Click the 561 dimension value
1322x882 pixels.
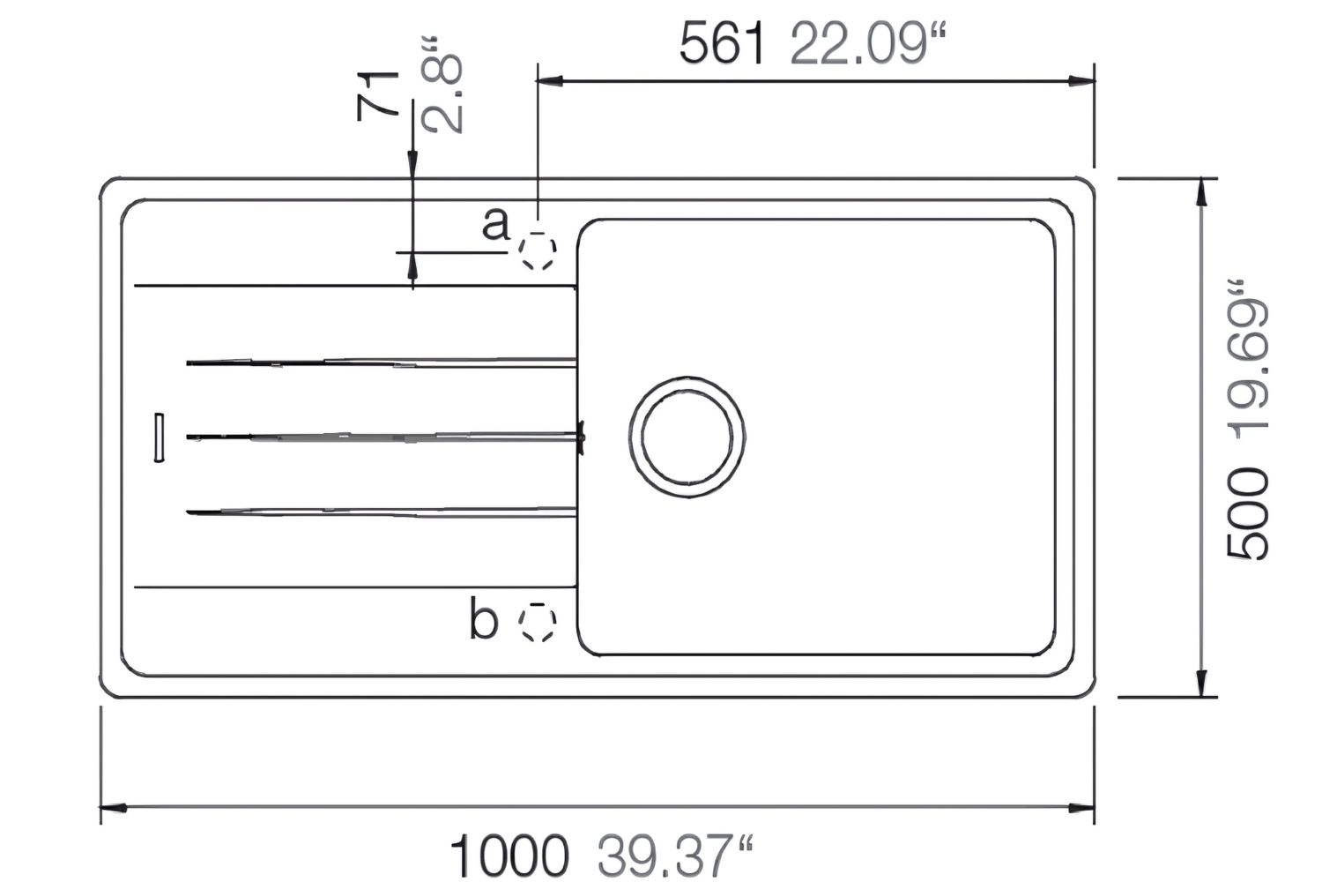[x=721, y=43]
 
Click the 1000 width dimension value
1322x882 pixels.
[x=509, y=855]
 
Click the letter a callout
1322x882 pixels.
[x=495, y=224]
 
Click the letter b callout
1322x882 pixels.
[x=483, y=619]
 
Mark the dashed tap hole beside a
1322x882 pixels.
[x=537, y=252]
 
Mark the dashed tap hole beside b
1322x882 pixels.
[x=537, y=623]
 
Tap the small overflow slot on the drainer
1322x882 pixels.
[x=159, y=436]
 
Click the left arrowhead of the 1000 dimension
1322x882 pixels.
[x=111, y=807]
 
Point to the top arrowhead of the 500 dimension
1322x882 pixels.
[x=1200, y=191]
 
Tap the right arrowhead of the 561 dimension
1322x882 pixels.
[x=1083, y=81]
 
